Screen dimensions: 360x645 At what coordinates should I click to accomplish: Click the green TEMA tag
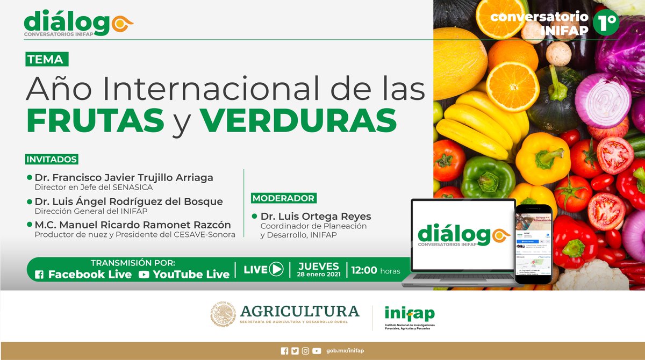coord(47,59)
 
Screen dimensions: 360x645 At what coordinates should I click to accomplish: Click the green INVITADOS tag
coord(52,160)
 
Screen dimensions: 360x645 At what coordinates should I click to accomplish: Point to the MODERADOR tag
coord(283,198)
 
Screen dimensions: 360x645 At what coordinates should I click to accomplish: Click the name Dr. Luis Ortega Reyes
coord(316,217)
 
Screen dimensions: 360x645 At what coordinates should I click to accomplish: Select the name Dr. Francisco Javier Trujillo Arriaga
coord(124,177)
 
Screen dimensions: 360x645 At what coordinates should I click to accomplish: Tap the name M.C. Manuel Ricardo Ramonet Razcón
coord(133,225)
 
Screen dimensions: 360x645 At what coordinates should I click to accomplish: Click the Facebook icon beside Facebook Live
coord(39,275)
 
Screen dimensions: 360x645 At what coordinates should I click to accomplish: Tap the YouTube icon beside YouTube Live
coord(144,275)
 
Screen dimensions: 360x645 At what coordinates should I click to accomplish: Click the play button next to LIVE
coord(276,269)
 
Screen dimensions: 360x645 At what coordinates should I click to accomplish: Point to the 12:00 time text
coord(364,270)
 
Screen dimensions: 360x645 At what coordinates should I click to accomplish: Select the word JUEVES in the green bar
coord(319,266)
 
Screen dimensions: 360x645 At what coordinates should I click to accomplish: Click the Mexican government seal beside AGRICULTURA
coord(223,314)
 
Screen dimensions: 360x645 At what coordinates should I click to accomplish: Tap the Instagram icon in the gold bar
coord(306,351)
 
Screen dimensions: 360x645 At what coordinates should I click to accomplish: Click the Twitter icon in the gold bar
coord(295,351)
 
